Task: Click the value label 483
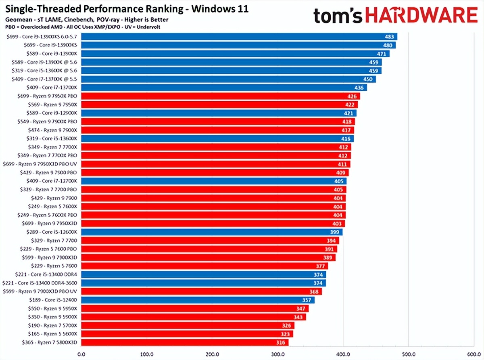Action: (x=389, y=37)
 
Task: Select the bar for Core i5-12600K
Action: (x=211, y=232)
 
